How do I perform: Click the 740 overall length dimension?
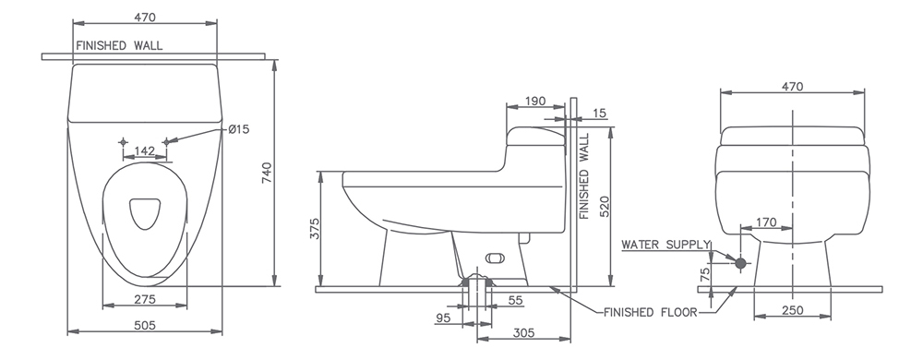[266, 173]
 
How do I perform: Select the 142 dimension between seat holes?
[144, 151]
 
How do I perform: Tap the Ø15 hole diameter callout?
[238, 129]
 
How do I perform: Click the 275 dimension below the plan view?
[145, 299]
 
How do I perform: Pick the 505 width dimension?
[145, 325]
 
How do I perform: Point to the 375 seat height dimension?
[315, 229]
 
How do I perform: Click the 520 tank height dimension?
[604, 207]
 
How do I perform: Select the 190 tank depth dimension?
[535, 102]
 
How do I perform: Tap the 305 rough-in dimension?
[523, 333]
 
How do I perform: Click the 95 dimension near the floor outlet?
[443, 318]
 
